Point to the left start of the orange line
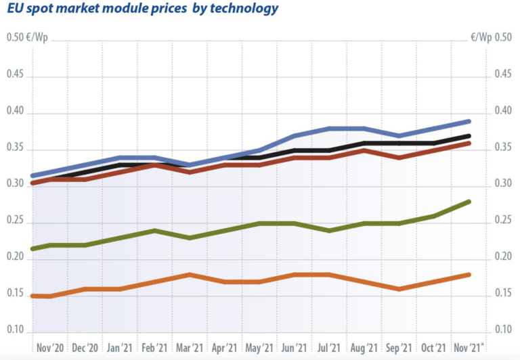[x=32, y=296]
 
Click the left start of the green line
[x=32, y=249]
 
